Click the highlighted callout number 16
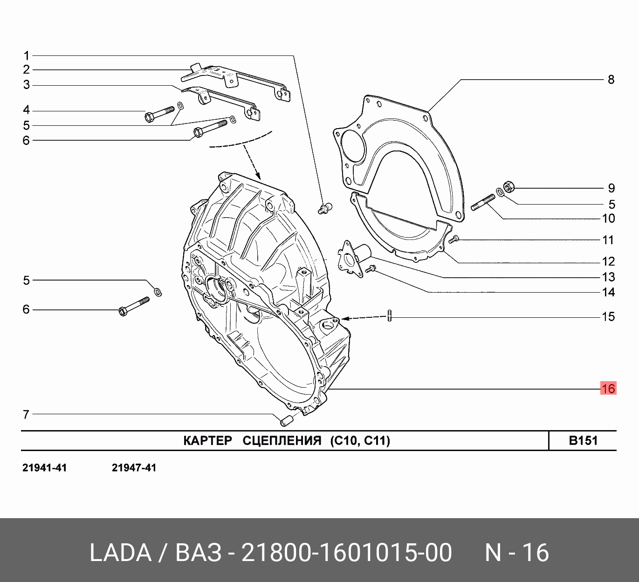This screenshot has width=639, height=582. (x=608, y=388)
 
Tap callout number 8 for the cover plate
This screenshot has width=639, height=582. (x=611, y=79)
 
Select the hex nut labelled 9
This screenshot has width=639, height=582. (x=508, y=186)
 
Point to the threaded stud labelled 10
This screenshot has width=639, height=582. (x=483, y=203)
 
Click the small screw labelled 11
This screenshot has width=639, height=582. (x=453, y=239)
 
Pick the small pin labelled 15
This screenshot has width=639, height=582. (x=389, y=315)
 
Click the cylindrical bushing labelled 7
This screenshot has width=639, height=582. (x=287, y=420)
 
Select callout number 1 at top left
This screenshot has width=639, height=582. (x=27, y=56)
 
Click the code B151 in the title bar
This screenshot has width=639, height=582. (x=583, y=440)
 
